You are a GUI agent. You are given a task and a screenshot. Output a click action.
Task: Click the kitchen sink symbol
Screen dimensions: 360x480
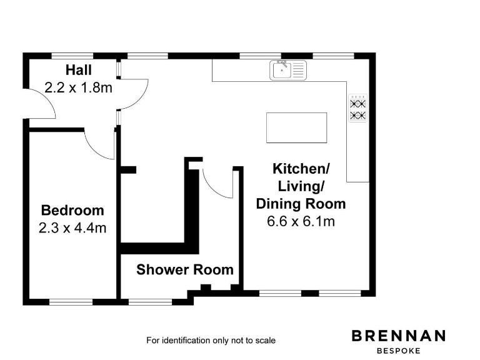pos(289,69)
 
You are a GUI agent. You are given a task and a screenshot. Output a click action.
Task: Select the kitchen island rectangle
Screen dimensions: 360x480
pos(296,127)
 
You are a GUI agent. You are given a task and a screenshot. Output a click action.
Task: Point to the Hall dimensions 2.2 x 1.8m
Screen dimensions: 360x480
pos(78,87)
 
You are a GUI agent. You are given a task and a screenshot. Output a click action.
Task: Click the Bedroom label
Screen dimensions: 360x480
pos(72,210)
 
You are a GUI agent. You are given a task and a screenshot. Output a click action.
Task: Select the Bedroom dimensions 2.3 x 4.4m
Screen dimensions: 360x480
pos(72,227)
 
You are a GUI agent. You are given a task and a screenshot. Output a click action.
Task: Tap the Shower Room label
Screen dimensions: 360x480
pos(185,270)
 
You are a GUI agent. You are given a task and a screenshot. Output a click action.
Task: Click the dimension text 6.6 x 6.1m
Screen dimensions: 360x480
pos(301,221)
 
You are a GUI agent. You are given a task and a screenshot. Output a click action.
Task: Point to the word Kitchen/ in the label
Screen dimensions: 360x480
pos(301,169)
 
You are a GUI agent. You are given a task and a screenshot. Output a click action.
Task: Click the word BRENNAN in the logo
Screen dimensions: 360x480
pos(399,336)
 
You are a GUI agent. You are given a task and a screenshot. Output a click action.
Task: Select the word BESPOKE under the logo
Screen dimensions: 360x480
pos(399,351)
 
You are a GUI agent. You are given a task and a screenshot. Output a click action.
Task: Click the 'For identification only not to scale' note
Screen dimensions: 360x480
pos(211,341)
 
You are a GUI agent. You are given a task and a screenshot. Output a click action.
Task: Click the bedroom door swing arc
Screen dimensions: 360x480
pos(99,145)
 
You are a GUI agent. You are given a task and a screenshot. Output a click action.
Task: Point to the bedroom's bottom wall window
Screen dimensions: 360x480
pos(71,302)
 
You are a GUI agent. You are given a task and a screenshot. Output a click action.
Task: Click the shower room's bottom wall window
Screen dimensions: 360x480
pos(149,302)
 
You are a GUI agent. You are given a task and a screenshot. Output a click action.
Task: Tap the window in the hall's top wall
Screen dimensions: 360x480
pos(72,55)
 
